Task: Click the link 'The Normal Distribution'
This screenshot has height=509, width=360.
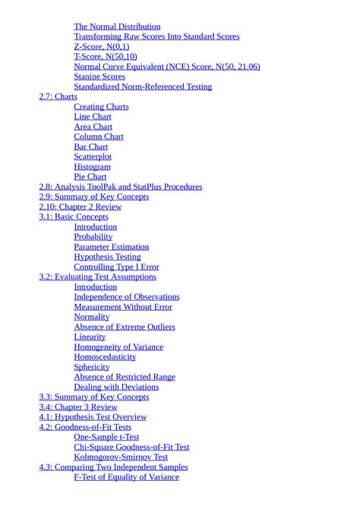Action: [117, 27]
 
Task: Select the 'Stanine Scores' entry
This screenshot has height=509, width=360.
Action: [99, 77]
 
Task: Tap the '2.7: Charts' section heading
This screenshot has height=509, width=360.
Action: [58, 96]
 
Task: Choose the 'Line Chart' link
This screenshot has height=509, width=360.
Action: [93, 117]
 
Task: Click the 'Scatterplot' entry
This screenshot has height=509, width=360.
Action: [93, 156]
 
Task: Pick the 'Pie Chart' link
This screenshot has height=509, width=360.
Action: [90, 177]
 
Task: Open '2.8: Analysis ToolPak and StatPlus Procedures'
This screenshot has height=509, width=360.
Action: [121, 187]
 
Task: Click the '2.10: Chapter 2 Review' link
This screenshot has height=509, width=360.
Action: [80, 207]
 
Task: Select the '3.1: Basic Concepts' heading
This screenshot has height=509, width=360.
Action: [74, 217]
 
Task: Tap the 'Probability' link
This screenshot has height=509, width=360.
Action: [93, 237]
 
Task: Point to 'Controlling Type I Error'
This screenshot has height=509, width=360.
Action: [116, 267]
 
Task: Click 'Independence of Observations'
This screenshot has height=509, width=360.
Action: [127, 297]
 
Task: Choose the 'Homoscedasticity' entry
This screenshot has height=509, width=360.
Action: [105, 357]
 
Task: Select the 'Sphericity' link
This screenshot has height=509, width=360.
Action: [92, 367]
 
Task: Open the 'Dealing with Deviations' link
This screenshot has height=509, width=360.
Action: [116, 387]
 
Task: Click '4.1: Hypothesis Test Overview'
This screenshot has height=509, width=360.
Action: [93, 417]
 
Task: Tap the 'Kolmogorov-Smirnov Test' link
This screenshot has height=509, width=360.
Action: [121, 457]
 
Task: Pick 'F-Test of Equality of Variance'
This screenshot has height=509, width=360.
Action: [126, 477]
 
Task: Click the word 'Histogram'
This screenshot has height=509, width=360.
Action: [92, 167]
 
